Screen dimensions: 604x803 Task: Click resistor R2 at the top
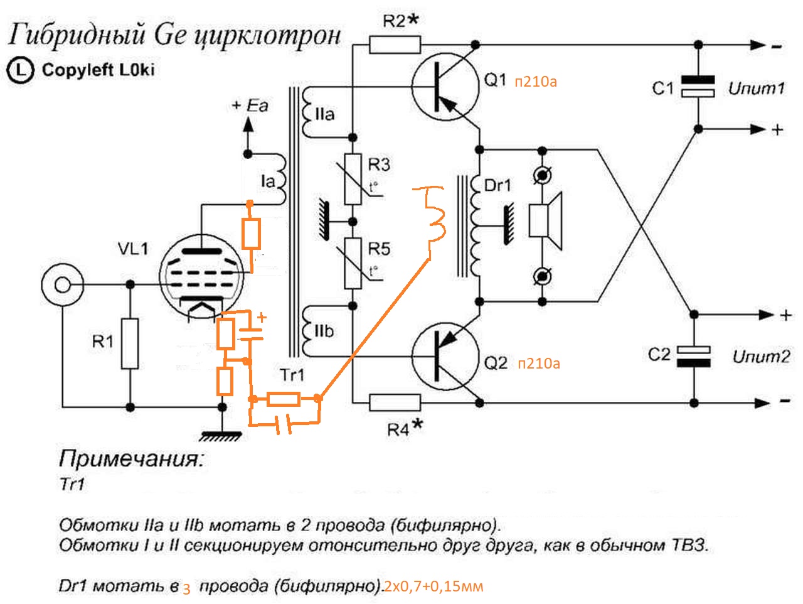(394, 45)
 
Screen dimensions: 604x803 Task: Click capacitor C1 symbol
(698, 87)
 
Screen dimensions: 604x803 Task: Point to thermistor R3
(353, 179)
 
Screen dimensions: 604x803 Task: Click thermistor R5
(353, 262)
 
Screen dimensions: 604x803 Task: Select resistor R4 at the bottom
(395, 402)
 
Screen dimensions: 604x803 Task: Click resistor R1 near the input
(130, 343)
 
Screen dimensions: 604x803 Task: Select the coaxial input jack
(61, 285)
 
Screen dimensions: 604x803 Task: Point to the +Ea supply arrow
(248, 126)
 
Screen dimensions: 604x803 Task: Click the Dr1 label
(497, 185)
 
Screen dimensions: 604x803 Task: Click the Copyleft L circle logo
(19, 70)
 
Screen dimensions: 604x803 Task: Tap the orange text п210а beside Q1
(536, 82)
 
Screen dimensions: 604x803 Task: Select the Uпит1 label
(756, 89)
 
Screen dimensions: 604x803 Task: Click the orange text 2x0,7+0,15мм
(433, 586)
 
